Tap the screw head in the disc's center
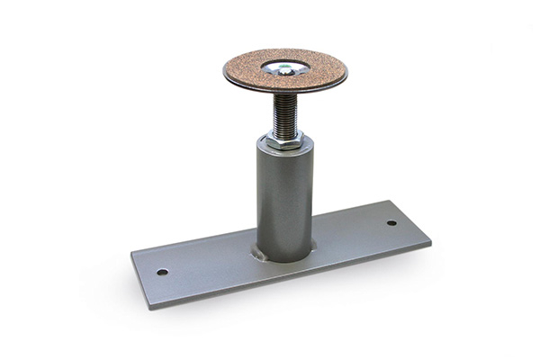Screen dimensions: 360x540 tap(285, 66)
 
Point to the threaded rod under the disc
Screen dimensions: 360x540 tap(284, 112)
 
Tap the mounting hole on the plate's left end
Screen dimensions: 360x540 tap(162, 272)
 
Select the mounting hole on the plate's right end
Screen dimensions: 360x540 tap(391, 222)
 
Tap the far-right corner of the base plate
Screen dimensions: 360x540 tap(429, 241)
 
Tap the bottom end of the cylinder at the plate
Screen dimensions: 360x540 tap(284, 258)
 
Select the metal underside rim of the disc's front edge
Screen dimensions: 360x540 tap(285, 92)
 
